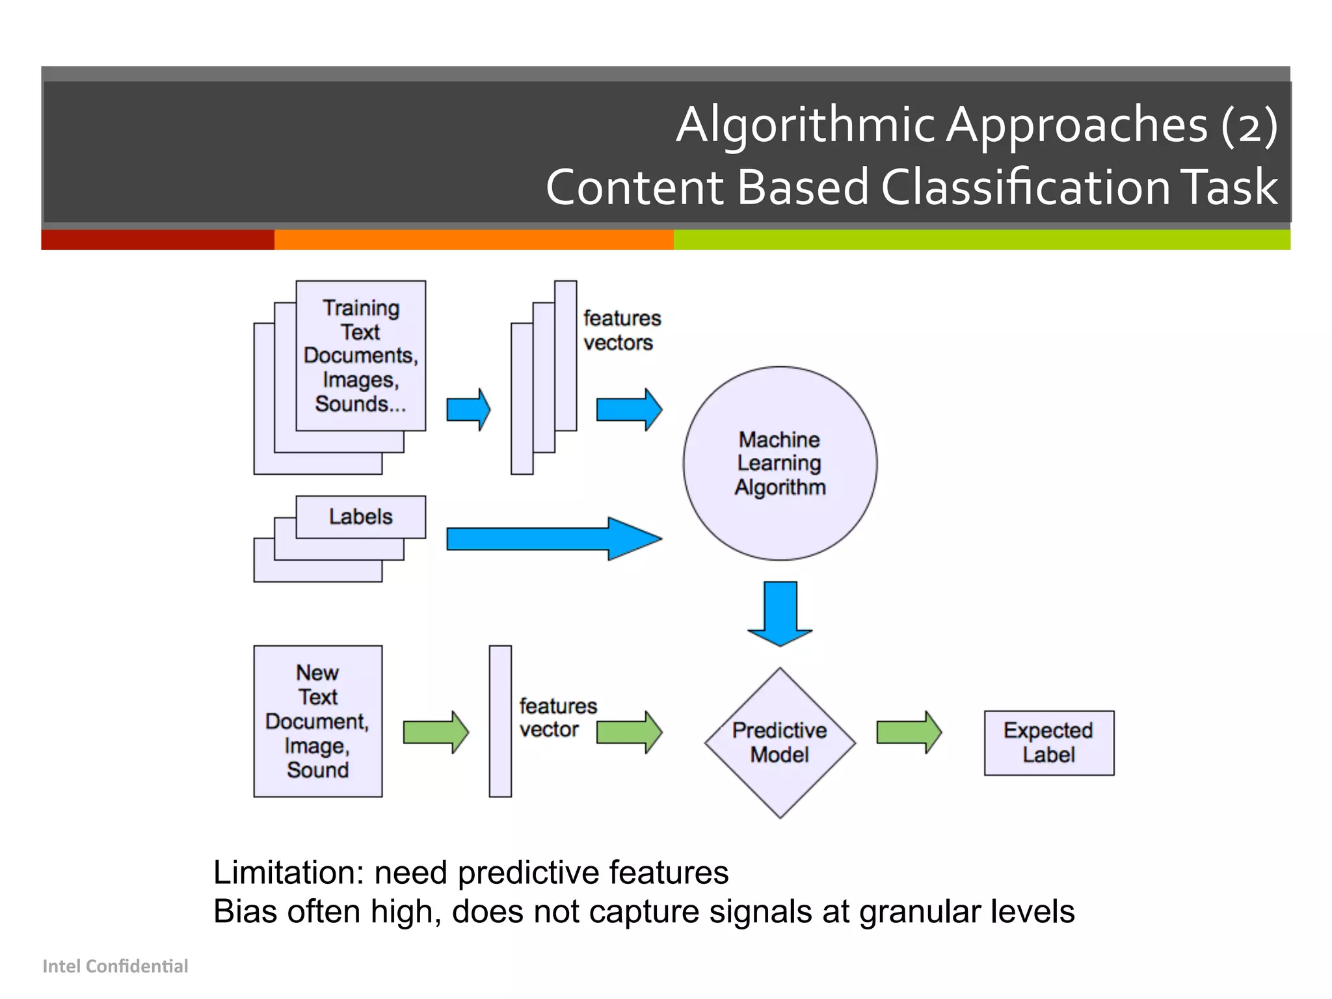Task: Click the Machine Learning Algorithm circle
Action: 779,463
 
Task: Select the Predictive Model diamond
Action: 779,742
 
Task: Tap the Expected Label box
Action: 1048,742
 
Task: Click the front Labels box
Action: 360,517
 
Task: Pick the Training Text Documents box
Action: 360,355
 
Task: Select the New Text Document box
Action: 317,721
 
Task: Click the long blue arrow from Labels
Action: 553,539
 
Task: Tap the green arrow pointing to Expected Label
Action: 909,732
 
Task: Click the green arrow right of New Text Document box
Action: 435,732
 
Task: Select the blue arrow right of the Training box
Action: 468,409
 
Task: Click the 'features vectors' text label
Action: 621,330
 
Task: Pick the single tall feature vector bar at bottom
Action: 500,721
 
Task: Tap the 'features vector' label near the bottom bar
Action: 557,717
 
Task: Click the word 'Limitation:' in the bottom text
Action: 288,872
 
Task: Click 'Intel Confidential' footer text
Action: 115,966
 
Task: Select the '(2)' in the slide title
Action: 1249,124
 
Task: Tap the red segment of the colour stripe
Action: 157,239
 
